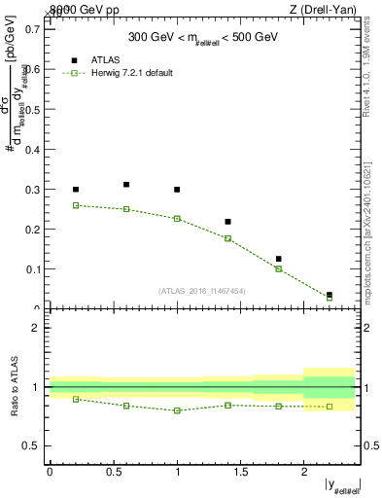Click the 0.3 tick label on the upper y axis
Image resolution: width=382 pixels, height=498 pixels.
[33, 189]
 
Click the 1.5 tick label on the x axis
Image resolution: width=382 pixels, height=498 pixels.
[240, 472]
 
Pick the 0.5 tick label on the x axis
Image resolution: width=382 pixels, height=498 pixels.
[113, 472]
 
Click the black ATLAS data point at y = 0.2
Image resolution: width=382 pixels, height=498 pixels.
[76, 190]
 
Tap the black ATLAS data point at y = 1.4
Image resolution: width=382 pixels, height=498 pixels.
[227, 222]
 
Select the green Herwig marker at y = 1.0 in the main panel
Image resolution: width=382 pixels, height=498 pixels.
[177, 219]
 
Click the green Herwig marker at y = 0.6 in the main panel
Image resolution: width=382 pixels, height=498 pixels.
[126, 209]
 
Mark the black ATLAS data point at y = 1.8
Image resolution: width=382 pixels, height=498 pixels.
[278, 259]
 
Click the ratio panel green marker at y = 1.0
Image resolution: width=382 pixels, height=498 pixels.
[177, 410]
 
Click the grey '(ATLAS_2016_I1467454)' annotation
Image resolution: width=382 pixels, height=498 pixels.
[202, 290]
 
